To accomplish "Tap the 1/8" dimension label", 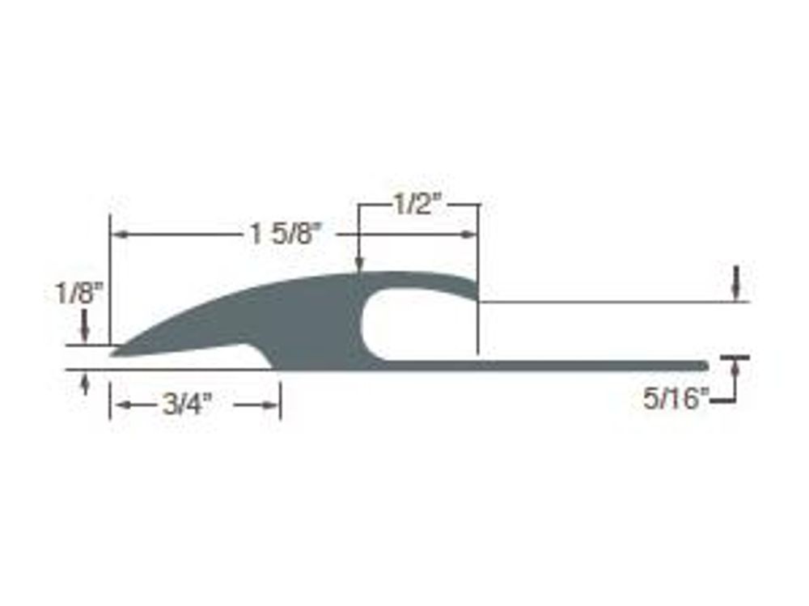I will click(x=82, y=293).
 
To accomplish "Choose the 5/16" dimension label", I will click(x=676, y=399).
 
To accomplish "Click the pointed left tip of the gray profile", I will click(x=115, y=351).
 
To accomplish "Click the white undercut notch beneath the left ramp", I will click(x=235, y=358).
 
